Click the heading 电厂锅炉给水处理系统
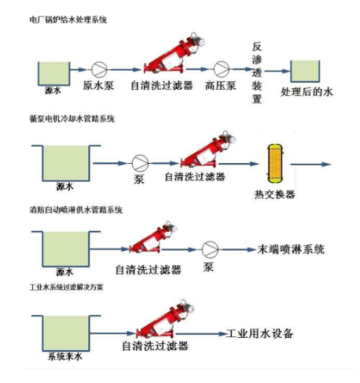pos(68,21)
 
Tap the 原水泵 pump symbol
pos(99,69)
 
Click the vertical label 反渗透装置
pos(257,71)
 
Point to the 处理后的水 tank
pos(305,72)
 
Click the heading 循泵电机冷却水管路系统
pos(72,118)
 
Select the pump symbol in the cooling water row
pos(141,164)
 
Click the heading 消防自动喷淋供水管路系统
pos(75,210)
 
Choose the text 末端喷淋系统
pos(290,247)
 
